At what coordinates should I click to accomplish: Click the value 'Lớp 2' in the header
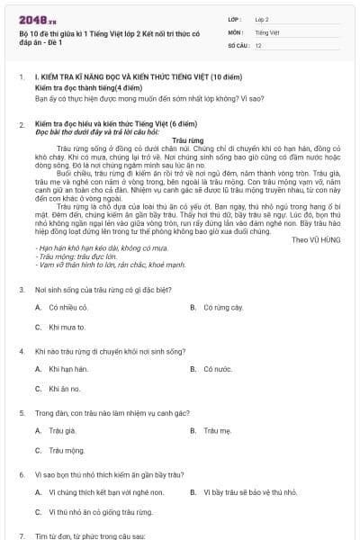[x=262, y=18]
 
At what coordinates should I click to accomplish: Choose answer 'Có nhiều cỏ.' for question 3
[x=68, y=308]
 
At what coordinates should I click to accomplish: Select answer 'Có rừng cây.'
[x=223, y=308]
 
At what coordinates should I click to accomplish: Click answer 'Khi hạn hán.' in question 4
[x=69, y=369]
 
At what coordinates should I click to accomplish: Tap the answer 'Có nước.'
[x=218, y=369]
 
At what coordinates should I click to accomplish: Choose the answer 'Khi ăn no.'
[x=65, y=389]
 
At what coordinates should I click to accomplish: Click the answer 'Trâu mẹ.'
[x=218, y=430]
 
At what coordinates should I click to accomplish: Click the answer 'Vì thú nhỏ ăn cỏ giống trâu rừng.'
[x=100, y=512]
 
